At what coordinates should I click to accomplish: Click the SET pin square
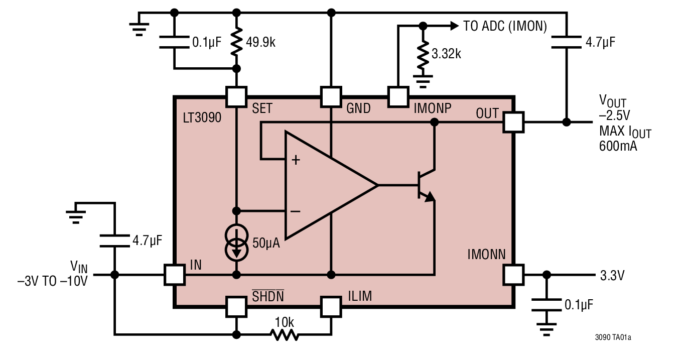(x=236, y=96)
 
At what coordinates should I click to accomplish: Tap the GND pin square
(x=331, y=96)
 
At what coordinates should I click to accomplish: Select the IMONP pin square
(x=398, y=96)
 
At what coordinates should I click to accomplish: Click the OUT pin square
(x=513, y=122)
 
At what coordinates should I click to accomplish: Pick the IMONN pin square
(x=513, y=275)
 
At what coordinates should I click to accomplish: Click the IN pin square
(x=175, y=275)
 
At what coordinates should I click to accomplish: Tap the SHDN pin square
(x=236, y=306)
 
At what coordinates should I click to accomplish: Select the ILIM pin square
(x=331, y=306)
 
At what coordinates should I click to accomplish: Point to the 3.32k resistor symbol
(x=423, y=54)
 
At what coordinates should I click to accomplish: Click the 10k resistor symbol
(x=284, y=334)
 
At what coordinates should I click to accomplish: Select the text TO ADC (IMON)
(x=504, y=26)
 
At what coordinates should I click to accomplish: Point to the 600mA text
(x=618, y=147)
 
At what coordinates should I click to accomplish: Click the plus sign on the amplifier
(x=296, y=160)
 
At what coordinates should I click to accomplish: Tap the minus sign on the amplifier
(x=296, y=211)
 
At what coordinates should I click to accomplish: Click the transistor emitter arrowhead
(x=429, y=198)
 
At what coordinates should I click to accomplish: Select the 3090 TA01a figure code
(x=613, y=337)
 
